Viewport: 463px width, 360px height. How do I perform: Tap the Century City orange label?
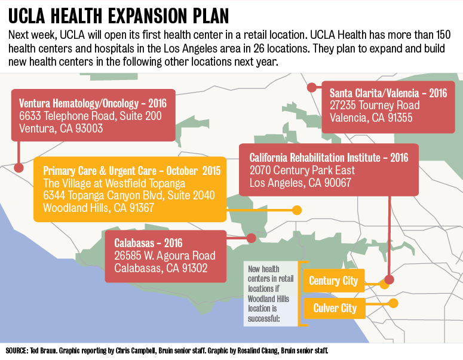click(x=333, y=281)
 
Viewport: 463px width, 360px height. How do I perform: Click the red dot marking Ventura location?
click(x=19, y=168)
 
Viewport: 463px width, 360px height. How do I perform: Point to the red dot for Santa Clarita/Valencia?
click(x=311, y=87)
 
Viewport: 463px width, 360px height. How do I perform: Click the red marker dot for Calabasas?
click(x=251, y=238)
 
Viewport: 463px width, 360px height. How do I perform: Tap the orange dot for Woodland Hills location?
click(x=296, y=210)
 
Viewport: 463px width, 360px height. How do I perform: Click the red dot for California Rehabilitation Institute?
click(x=389, y=279)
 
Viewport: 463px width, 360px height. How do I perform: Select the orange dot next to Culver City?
click(x=393, y=303)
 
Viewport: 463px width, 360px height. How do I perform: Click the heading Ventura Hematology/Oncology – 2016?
click(x=93, y=102)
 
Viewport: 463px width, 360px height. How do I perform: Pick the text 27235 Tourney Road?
click(x=375, y=106)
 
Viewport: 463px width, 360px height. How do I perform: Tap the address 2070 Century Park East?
click(x=302, y=171)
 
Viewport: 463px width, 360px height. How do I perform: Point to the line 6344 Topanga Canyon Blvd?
click(x=129, y=196)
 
